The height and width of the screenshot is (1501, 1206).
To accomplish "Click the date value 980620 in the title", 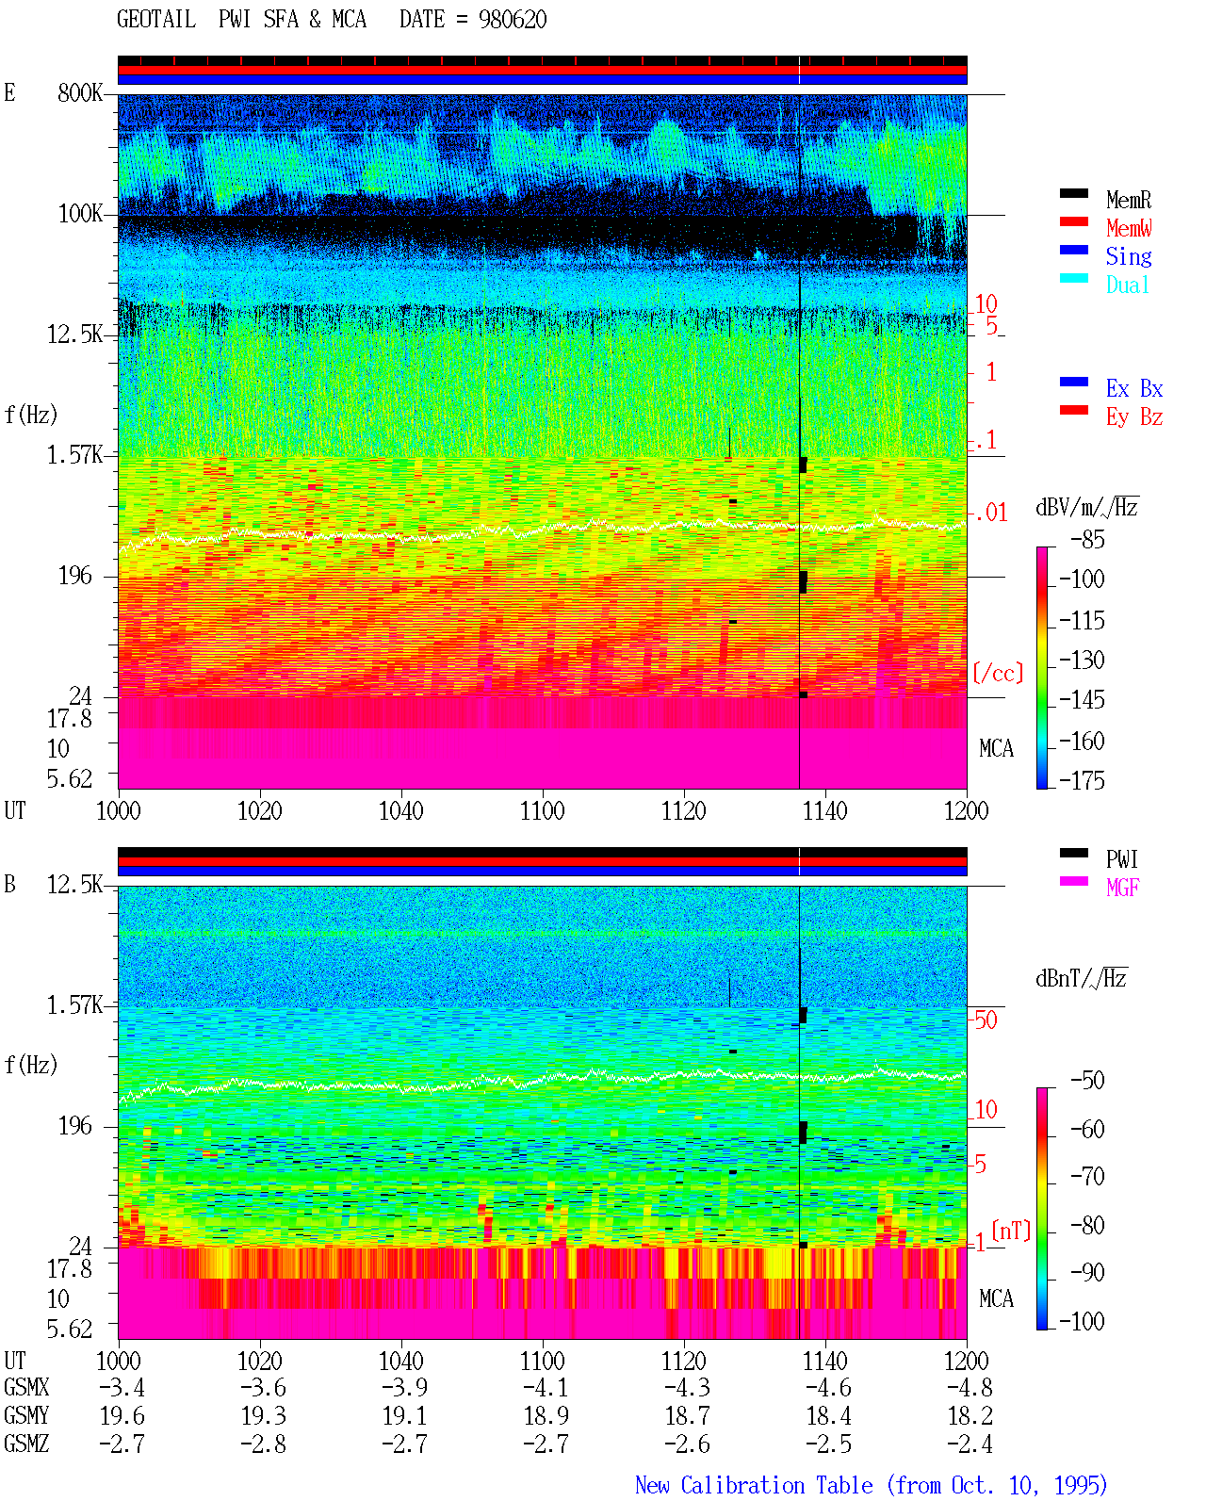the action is click(512, 20).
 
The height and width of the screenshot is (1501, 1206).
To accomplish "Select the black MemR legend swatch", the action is click(1073, 193).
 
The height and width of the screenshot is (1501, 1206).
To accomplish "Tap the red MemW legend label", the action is click(1128, 227).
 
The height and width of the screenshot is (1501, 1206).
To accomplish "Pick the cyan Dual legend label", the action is click(1127, 285).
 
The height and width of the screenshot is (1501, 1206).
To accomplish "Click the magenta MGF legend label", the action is click(1122, 888).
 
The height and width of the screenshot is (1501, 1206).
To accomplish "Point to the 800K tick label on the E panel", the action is click(80, 92).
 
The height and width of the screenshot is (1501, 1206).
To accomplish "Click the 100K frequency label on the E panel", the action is click(80, 214).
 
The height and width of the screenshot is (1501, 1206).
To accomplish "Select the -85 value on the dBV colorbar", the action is click(1087, 539).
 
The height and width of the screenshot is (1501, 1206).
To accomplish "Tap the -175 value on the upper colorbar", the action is click(1082, 780).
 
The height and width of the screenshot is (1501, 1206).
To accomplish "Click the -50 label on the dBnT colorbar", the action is click(1087, 1081).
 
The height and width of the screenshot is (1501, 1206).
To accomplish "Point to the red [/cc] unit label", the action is click(998, 673).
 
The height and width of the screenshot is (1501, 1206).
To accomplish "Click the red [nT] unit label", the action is click(1011, 1230).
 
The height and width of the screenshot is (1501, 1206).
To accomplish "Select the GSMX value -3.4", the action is click(122, 1387).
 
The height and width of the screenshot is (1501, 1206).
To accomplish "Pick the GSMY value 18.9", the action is click(546, 1416).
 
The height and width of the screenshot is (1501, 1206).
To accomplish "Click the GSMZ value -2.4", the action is click(970, 1444).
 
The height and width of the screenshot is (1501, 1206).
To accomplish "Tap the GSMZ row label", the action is click(26, 1444).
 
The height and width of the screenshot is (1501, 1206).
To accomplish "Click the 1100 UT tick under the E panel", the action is click(542, 810).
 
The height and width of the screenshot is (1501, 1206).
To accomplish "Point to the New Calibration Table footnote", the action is click(871, 1485).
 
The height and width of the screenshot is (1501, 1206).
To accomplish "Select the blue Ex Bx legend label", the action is click(1134, 388).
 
